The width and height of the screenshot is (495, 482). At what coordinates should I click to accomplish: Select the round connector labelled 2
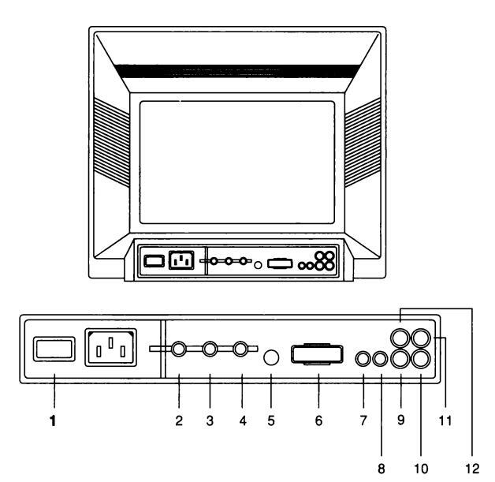tap(180, 348)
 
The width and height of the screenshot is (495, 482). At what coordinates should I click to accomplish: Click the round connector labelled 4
tap(242, 348)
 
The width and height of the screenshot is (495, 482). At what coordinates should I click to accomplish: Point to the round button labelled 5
tap(271, 358)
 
